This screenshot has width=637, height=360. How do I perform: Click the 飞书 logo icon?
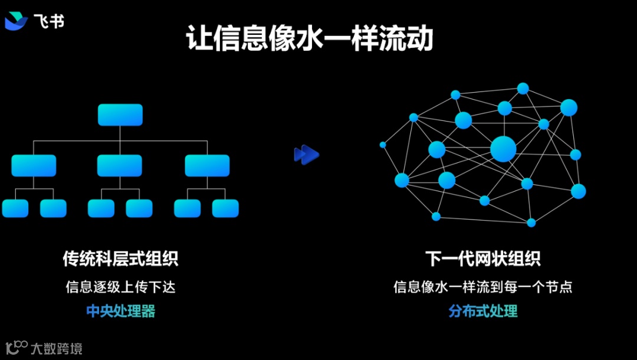pyautogui.click(x=16, y=21)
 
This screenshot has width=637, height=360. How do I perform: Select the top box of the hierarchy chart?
pyautogui.click(x=120, y=114)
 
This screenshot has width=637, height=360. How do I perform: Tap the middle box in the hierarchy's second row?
pyautogui.click(x=120, y=166)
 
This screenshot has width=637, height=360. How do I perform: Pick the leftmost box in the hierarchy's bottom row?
pyautogui.click(x=15, y=208)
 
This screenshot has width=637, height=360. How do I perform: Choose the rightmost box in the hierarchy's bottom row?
pyautogui.click(x=225, y=208)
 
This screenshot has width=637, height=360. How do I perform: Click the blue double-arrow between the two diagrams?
pyautogui.click(x=306, y=155)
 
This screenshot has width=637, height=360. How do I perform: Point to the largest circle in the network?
pyautogui.click(x=503, y=148)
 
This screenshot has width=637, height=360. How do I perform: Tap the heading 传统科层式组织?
pyautogui.click(x=120, y=258)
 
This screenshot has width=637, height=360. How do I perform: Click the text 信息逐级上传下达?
pyautogui.click(x=120, y=287)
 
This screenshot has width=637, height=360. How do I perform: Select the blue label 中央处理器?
pyautogui.click(x=120, y=311)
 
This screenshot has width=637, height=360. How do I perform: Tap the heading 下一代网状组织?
pyautogui.click(x=482, y=258)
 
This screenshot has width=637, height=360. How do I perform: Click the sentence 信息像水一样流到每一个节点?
pyautogui.click(x=482, y=287)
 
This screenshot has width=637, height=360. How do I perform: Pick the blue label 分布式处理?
pyautogui.click(x=482, y=311)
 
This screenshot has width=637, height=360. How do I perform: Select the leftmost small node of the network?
pyautogui.click(x=383, y=145)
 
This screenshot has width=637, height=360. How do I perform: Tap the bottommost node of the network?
pyautogui.click(x=531, y=222)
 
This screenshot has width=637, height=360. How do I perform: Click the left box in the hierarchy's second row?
pyautogui.click(x=34, y=166)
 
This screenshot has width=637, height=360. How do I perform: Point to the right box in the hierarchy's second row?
pyautogui.click(x=207, y=166)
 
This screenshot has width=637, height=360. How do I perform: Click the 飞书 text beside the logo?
pyautogui.click(x=50, y=21)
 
